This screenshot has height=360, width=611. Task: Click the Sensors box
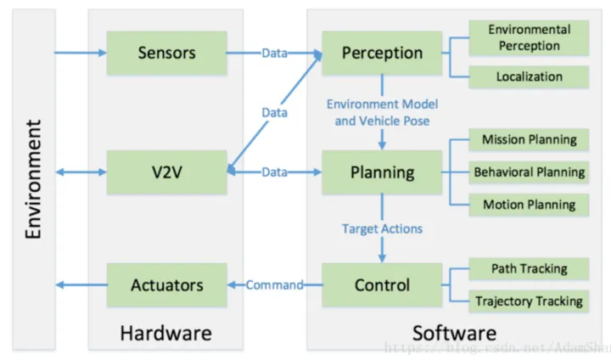pos(167,53)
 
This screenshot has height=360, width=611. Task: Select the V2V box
pos(167,172)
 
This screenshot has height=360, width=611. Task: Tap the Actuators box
pos(167,285)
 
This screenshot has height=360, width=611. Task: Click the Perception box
pos(381,53)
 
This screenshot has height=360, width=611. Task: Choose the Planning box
pos(381,172)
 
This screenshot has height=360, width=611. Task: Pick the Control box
pos(381,285)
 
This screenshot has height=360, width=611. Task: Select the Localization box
pos(529,76)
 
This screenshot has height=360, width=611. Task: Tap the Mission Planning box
pos(529,140)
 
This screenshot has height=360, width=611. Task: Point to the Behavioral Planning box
pos(529,172)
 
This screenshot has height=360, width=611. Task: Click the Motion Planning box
pos(529,205)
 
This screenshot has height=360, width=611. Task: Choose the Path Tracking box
pos(529,269)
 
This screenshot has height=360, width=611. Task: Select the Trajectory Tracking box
pos(529,301)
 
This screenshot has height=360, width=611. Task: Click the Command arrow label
pos(274,285)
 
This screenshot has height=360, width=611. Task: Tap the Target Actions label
pos(382,228)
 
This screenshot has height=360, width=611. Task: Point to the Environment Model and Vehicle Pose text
pos(382,113)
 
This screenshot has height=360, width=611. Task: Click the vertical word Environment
pos(33,179)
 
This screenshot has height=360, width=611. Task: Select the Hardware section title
pos(165,333)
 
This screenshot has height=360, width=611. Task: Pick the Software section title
pos(454,333)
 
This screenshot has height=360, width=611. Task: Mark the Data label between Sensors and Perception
pos(274,53)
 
